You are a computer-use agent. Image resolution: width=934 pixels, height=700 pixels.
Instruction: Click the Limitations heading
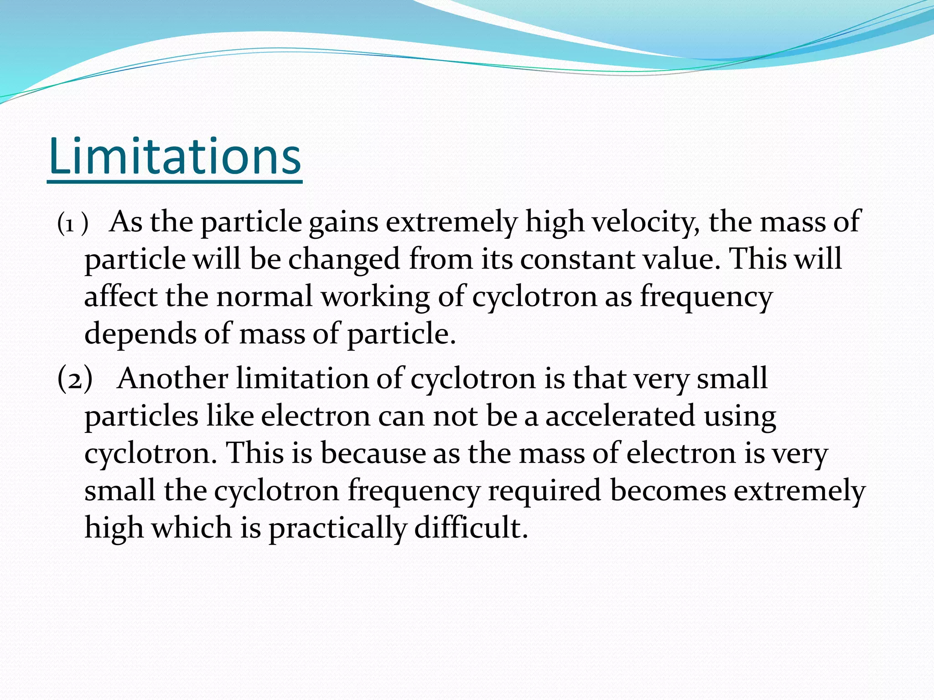click(175, 157)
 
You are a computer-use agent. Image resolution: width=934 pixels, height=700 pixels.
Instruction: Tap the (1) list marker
click(72, 224)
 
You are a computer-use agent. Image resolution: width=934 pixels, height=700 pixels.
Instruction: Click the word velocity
click(646, 222)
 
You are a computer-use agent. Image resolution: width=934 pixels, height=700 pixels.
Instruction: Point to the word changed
click(344, 260)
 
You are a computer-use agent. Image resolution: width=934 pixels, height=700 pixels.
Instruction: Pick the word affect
click(120, 296)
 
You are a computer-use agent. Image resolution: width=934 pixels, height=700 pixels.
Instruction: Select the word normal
click(264, 296)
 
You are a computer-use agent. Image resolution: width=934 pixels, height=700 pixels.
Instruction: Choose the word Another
click(172, 378)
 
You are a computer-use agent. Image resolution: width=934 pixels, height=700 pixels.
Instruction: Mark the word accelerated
click(620, 416)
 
